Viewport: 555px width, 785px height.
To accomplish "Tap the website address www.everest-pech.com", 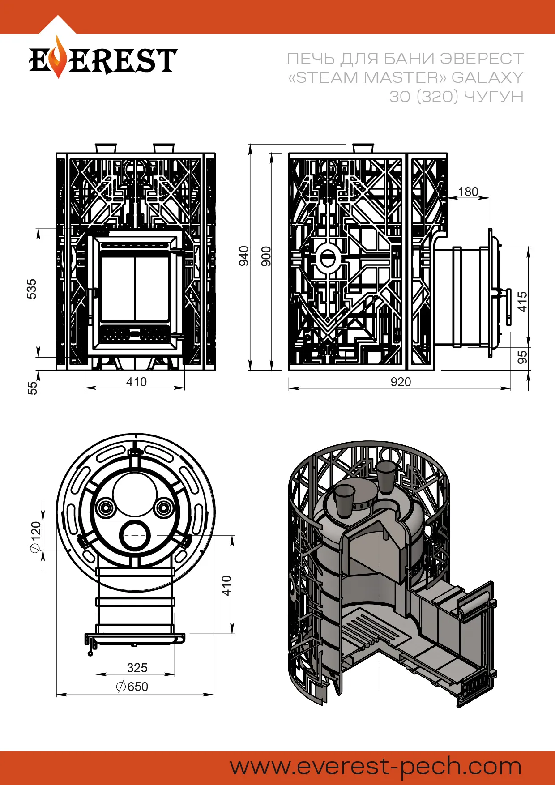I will click(x=376, y=766).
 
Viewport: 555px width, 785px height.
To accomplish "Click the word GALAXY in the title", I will click(x=487, y=77).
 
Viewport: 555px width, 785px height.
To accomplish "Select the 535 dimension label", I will click(x=31, y=289).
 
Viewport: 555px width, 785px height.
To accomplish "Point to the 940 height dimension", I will click(x=244, y=256).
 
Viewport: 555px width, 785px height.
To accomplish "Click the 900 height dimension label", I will click(x=266, y=256).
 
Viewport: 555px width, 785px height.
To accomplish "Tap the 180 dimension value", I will click(x=468, y=192).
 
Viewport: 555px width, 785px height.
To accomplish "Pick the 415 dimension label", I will click(x=522, y=301).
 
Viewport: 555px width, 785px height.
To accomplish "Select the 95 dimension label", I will click(x=522, y=357).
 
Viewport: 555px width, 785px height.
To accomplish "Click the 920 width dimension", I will click(x=401, y=382).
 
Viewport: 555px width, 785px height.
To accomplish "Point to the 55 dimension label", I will click(x=32, y=387).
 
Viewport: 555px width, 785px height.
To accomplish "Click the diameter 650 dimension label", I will click(x=132, y=687).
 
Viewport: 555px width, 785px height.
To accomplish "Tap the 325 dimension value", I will click(x=137, y=668).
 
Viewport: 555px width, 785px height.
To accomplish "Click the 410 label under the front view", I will click(x=136, y=382).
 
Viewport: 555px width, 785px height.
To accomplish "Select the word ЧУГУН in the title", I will click(x=493, y=97).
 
